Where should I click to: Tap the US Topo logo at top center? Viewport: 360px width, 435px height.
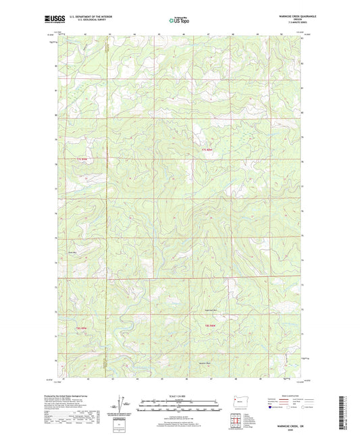click(178, 21)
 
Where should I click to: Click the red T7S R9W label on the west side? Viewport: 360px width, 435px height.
click(82, 159)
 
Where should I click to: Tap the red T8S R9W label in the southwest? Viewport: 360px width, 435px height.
click(82, 328)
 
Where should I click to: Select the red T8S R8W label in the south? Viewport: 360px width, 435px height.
click(210, 326)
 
